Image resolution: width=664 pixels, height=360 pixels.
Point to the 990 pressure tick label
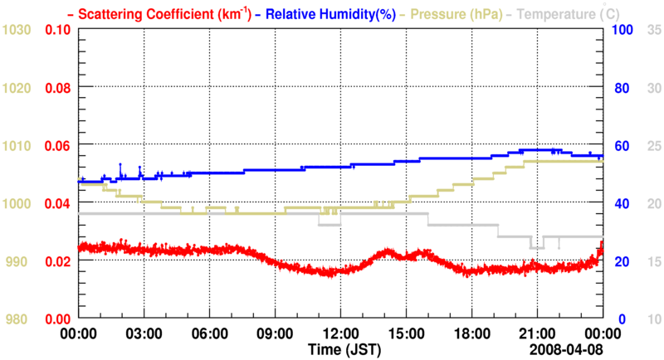(19, 261)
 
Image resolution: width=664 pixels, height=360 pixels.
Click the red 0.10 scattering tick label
(56, 30)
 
